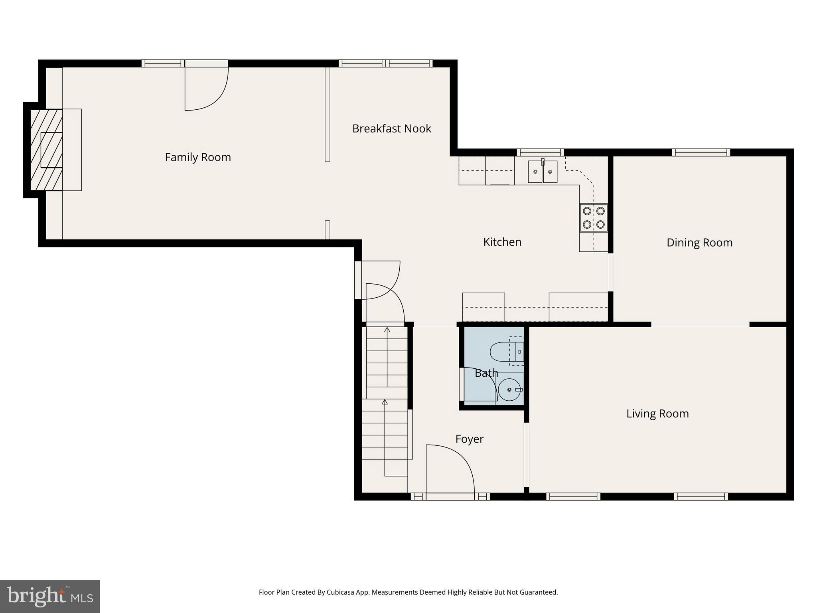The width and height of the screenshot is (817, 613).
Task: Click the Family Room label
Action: tap(198, 157)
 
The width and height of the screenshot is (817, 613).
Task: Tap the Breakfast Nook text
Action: tap(391, 129)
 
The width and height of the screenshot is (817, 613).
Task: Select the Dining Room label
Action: tap(699, 243)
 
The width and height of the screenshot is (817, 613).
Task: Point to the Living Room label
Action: tap(657, 413)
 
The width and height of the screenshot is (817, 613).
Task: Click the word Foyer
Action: tap(469, 439)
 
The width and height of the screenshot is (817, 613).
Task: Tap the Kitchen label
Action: tap(502, 242)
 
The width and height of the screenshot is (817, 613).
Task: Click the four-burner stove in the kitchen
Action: tap(594, 218)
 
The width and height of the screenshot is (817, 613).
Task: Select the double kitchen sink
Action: tap(543, 172)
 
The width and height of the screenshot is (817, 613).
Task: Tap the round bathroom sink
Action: tap(509, 390)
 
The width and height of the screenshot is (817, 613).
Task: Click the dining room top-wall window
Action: tap(701, 152)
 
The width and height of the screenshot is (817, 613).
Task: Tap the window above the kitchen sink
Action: tap(540, 152)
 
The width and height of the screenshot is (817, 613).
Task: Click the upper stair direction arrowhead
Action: tap(387, 330)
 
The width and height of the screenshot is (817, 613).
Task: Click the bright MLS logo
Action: tap(50, 596)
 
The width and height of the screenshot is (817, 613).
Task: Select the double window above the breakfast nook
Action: tap(385, 63)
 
